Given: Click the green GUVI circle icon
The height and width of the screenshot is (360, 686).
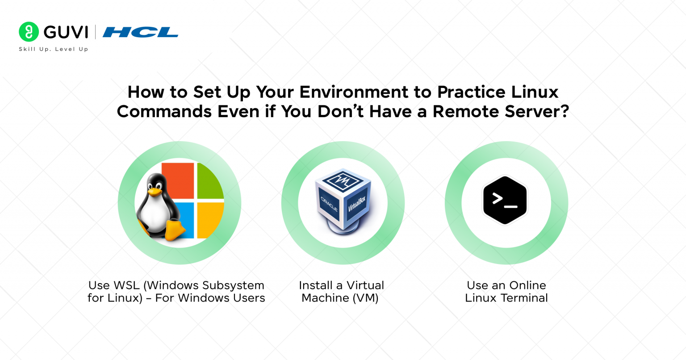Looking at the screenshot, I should point(29,32).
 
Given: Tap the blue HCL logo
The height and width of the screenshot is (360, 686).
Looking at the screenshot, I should point(140,32).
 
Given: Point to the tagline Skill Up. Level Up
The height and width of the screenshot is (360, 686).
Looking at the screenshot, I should point(54,49).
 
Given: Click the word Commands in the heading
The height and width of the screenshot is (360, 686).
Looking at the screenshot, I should point(164,111).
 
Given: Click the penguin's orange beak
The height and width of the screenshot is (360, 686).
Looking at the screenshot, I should point(155,192).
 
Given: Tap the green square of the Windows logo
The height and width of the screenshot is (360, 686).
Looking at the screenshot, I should point(210,181).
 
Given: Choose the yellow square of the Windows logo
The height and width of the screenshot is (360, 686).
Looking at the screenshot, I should point(210,220).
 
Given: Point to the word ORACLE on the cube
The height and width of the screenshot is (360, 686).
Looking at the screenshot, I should point(330,204).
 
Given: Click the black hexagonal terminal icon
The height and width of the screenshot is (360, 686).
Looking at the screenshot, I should point(505,200).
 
